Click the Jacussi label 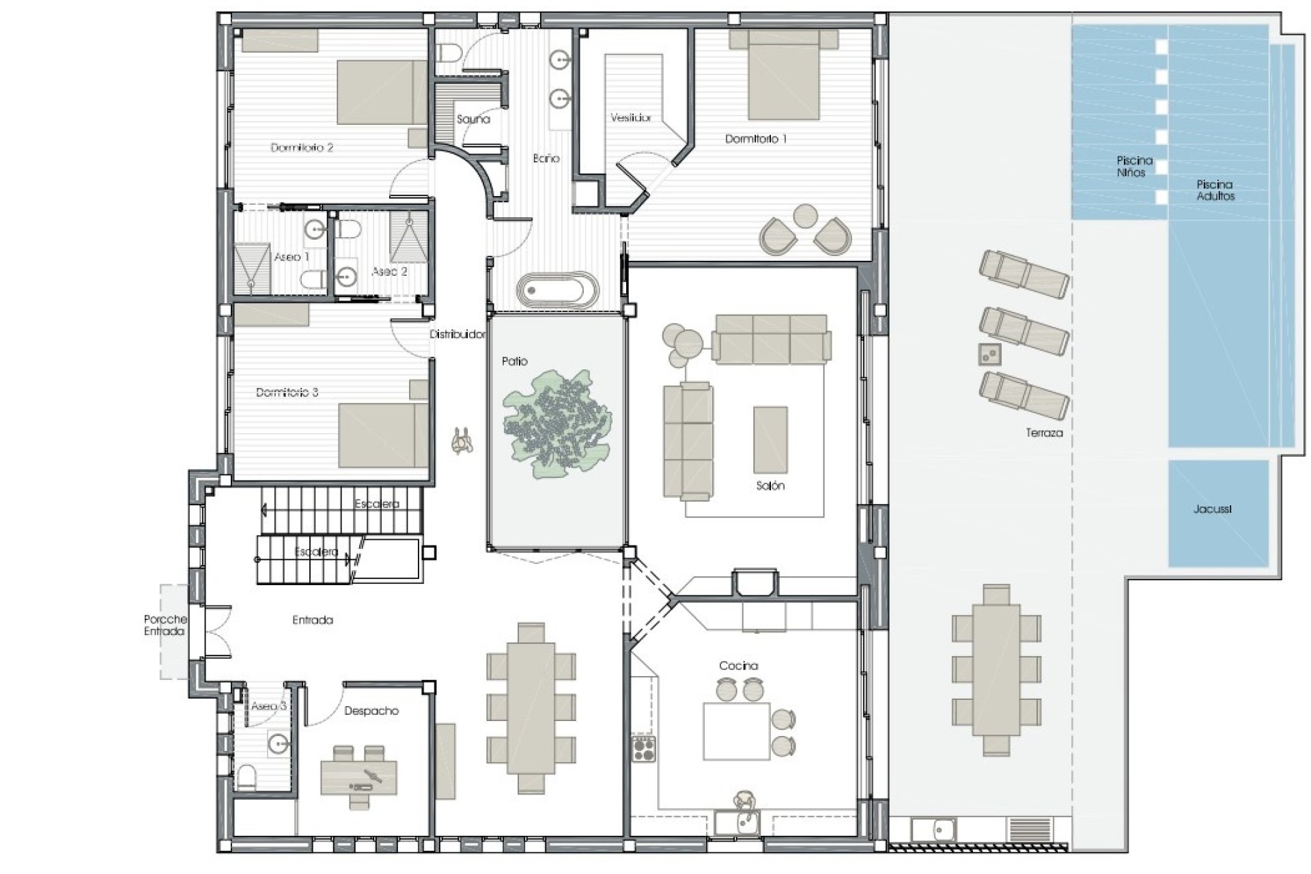[x=1213, y=509]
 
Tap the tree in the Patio [x=557, y=424]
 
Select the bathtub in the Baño [x=557, y=291]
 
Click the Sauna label [x=473, y=119]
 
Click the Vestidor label [x=631, y=117]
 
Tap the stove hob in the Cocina [x=643, y=749]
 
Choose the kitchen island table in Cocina [x=737, y=731]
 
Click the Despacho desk [x=358, y=777]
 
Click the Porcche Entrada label [x=165, y=625]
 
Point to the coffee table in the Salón [x=770, y=440]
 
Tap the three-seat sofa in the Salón [x=771, y=339]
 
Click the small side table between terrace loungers [x=989, y=353]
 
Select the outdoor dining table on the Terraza [x=996, y=670]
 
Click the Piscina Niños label [x=1135, y=167]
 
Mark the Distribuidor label [x=457, y=335]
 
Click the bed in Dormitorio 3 [x=384, y=436]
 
